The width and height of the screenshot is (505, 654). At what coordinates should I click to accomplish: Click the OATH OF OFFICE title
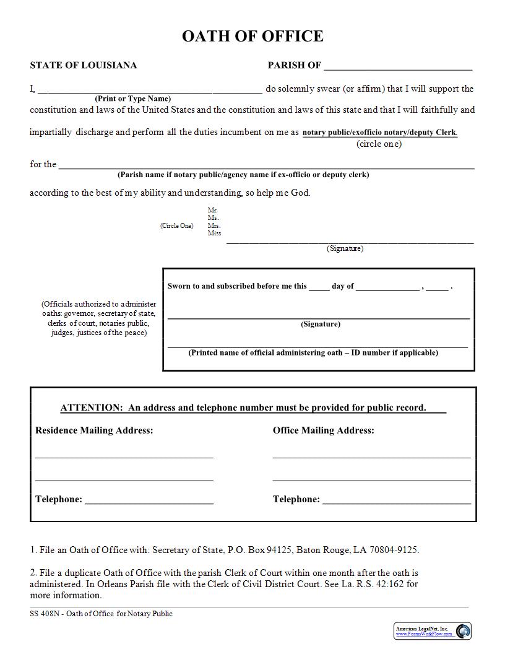[x=252, y=37]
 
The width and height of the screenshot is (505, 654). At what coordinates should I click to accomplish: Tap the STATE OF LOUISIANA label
[x=84, y=65]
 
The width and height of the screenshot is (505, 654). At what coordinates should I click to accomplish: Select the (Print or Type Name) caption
[x=132, y=98]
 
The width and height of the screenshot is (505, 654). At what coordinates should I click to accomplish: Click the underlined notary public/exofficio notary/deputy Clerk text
[x=379, y=133]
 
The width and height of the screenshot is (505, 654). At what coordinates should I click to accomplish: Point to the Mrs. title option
[x=214, y=226]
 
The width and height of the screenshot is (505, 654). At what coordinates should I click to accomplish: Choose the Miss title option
[x=214, y=233]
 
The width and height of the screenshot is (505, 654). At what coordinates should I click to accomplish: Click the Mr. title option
[x=213, y=211]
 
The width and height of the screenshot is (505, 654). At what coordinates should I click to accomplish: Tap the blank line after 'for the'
[x=266, y=165]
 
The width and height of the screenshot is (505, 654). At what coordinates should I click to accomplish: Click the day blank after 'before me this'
[x=319, y=287]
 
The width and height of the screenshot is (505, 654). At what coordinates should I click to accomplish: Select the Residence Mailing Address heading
[x=94, y=430]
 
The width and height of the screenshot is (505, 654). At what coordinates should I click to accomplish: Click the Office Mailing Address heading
[x=323, y=430]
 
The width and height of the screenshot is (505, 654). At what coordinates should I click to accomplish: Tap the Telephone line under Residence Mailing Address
[x=149, y=500]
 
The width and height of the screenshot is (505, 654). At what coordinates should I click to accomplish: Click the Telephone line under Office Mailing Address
[x=396, y=500]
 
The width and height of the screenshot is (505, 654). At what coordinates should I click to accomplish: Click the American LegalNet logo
[x=433, y=631]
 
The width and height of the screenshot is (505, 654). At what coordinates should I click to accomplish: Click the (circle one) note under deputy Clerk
[x=379, y=144]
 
